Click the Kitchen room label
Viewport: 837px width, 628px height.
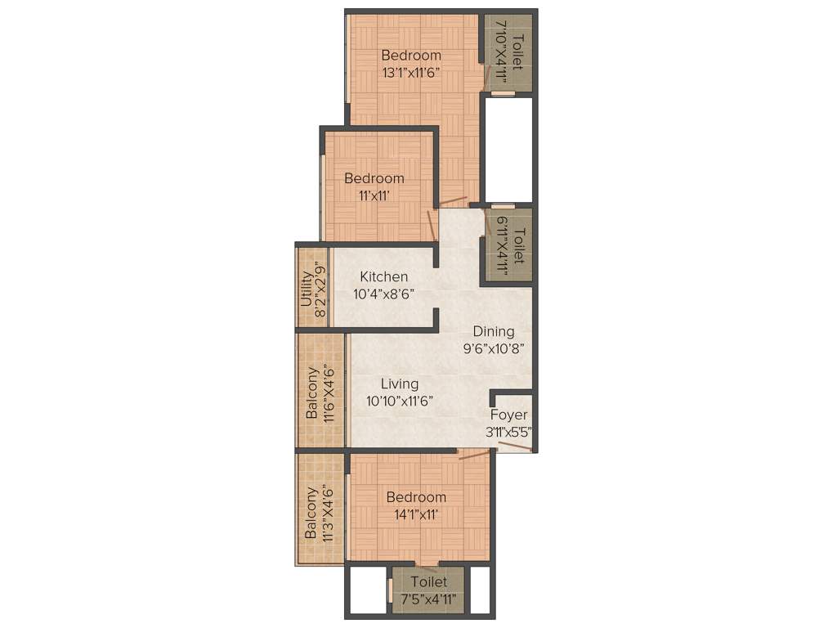pos(383,277)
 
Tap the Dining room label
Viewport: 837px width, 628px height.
pos(494,331)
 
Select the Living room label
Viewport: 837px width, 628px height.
pos(399,384)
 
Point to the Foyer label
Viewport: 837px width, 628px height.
pos(509,415)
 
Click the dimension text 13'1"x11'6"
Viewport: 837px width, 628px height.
pos(411,72)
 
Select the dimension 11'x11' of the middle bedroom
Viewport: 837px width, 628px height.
pos(374,195)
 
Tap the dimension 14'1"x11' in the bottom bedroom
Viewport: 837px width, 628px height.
pos(416,514)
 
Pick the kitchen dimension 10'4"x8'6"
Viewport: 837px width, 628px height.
pos(383,294)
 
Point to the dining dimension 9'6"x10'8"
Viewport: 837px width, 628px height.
pos(494,348)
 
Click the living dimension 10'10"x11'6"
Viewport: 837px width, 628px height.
pos(399,401)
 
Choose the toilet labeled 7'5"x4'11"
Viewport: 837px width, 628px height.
pos(429,590)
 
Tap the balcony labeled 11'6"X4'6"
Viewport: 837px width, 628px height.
pos(320,390)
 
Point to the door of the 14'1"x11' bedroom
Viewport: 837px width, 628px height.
pos(473,454)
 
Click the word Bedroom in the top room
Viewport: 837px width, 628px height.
pos(411,55)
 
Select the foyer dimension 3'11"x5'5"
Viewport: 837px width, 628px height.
pos(510,433)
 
